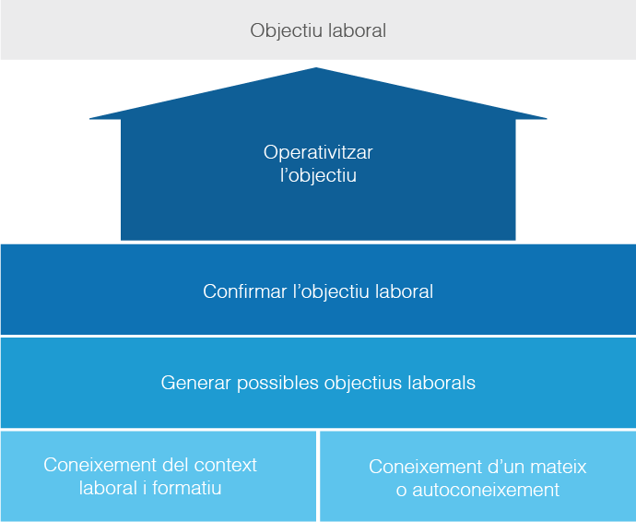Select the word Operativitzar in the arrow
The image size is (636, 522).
click(318, 152)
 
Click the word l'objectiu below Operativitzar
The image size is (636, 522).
click(318, 175)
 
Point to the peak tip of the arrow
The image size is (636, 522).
click(318, 68)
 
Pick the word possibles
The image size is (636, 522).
click(277, 382)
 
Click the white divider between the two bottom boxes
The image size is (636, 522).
click(318, 476)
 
